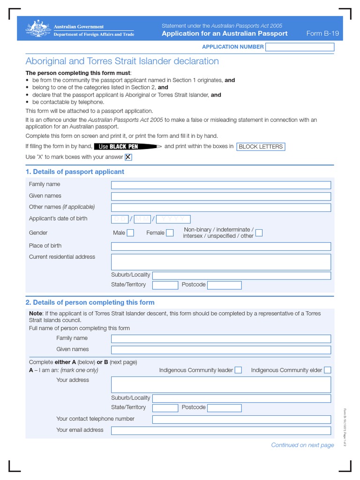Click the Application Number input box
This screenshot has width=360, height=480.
(300, 47)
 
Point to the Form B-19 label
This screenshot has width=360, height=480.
(322, 34)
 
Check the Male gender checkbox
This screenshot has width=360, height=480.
(130, 233)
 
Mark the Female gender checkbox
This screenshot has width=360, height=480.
(170, 233)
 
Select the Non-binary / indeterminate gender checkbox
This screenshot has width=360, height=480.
(259, 233)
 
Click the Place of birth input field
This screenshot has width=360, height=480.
(221, 246)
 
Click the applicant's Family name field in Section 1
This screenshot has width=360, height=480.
(221, 185)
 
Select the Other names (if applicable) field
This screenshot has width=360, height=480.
(221, 208)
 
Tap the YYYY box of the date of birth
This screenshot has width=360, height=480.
(173, 219)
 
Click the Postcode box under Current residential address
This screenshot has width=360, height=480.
(224, 285)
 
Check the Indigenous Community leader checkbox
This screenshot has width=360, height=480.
(238, 370)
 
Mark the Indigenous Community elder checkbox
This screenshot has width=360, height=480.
(327, 370)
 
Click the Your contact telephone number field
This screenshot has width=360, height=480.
(241, 419)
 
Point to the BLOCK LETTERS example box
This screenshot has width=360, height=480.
(261, 147)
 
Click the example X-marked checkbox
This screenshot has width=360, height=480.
(128, 157)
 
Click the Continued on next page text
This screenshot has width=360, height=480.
(302, 445)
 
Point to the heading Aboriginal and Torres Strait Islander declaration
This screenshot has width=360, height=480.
(122, 61)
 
